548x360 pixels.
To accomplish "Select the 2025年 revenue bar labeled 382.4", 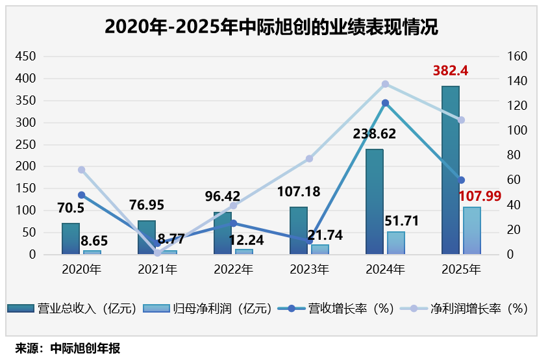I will (450, 170).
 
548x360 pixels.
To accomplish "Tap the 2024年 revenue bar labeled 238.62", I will (375, 201).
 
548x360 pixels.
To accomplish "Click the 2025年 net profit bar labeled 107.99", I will (471, 231).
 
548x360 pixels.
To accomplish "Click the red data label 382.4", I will (451, 70).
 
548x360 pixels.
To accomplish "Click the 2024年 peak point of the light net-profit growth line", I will (385, 84).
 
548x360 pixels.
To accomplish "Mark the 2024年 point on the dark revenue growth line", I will (385, 103).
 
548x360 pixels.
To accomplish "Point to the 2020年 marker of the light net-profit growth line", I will (81, 170).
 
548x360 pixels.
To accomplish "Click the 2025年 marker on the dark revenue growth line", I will (461, 180).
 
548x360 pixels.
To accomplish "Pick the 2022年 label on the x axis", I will (232, 268).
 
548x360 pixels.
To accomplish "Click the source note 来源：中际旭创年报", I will (68, 348).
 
